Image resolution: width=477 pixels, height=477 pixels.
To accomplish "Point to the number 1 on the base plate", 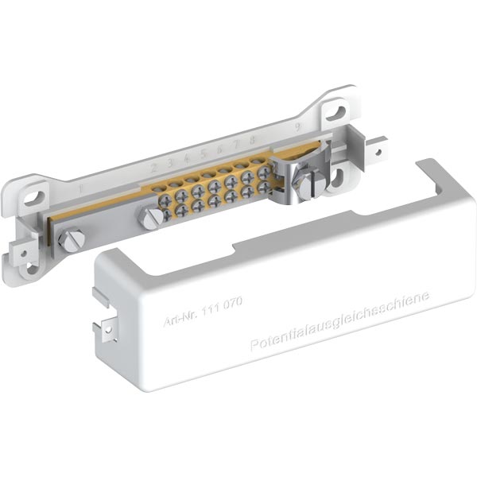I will (x=82, y=190).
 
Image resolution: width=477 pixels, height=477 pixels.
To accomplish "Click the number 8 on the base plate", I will (x=253, y=140).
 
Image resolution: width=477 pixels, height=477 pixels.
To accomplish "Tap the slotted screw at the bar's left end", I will (x=72, y=238).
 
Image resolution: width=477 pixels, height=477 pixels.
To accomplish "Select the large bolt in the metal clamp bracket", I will (x=306, y=184).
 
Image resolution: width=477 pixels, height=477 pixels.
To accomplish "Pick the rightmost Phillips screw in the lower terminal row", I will (x=262, y=186).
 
